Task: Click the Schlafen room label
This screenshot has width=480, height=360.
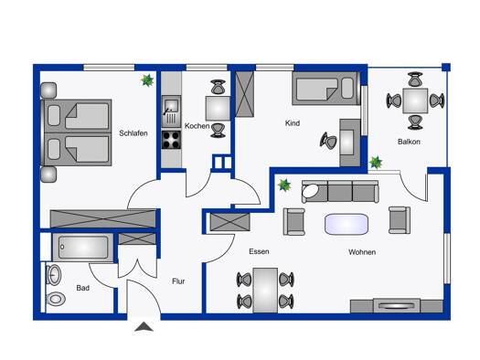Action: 133,133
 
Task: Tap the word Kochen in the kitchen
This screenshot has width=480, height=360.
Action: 197,126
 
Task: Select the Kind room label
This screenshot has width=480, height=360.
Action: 293,123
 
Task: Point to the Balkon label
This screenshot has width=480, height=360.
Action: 409,142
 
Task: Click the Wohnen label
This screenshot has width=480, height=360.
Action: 362,252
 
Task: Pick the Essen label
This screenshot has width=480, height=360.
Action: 259,251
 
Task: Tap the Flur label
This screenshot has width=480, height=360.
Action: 178,281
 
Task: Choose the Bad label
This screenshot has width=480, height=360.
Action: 82,288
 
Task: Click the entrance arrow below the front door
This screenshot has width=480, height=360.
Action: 144,327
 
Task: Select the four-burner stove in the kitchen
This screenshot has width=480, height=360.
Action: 172,140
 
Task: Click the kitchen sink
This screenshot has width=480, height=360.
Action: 172,111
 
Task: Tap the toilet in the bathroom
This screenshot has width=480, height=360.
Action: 56,299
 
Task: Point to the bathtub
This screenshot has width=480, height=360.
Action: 83,247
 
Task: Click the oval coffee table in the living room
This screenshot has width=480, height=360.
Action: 347,224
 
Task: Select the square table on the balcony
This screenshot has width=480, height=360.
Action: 415,101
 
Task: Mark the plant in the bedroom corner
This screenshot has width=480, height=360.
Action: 147,80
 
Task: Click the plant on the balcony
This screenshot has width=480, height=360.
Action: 376,163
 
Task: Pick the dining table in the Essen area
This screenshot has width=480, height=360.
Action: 265,291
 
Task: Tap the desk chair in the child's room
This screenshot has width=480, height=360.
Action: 328,141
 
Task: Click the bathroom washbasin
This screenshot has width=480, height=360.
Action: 54,275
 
